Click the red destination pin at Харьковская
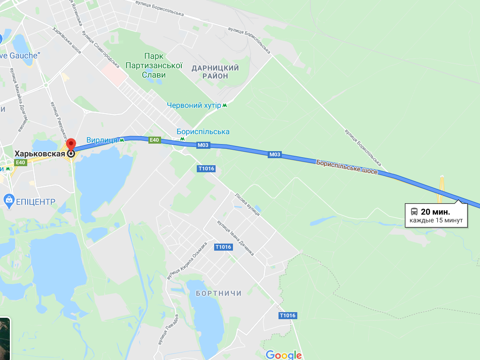click(x=71, y=144)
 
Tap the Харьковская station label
click(x=39, y=153)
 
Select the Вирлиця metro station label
click(x=101, y=140)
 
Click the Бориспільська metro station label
click(x=203, y=132)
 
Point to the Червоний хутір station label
click(x=194, y=105)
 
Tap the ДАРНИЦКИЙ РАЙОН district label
click(x=216, y=72)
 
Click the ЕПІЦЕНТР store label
click(x=36, y=202)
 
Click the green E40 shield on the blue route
click(x=155, y=140)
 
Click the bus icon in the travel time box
click(x=414, y=211)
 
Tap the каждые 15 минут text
click(x=436, y=220)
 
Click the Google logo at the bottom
click(x=283, y=354)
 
